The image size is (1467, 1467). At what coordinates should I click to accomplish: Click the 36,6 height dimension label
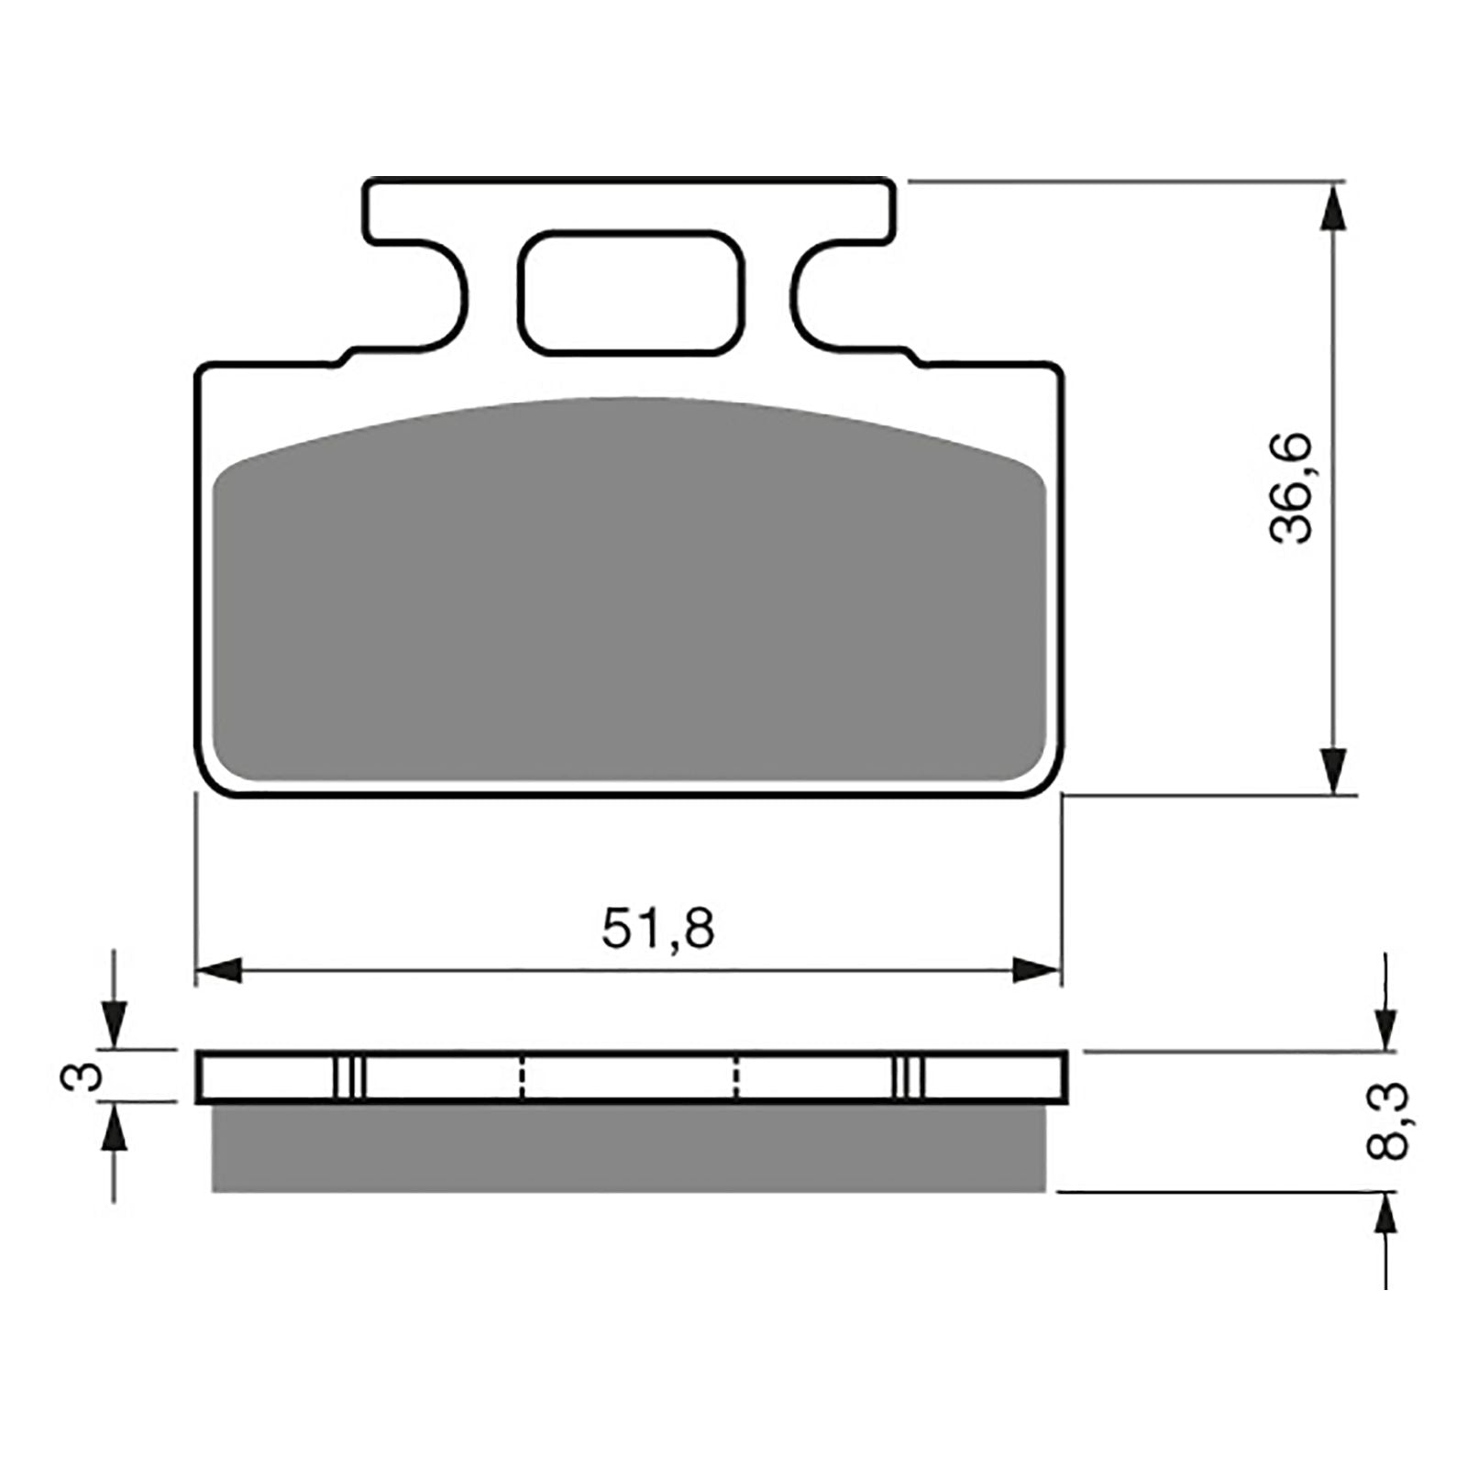click(x=1293, y=491)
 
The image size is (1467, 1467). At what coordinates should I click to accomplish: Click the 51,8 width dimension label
click(x=657, y=928)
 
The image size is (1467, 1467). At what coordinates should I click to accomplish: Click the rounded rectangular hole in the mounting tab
click(x=631, y=292)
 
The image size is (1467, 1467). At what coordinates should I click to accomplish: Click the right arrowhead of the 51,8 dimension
click(x=1037, y=970)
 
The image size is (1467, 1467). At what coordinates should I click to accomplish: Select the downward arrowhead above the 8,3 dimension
click(x=1385, y=1028)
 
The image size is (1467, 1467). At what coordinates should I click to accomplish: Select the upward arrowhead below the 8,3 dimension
click(x=1385, y=1216)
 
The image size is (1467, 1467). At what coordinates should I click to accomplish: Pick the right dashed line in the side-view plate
click(x=735, y=1076)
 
